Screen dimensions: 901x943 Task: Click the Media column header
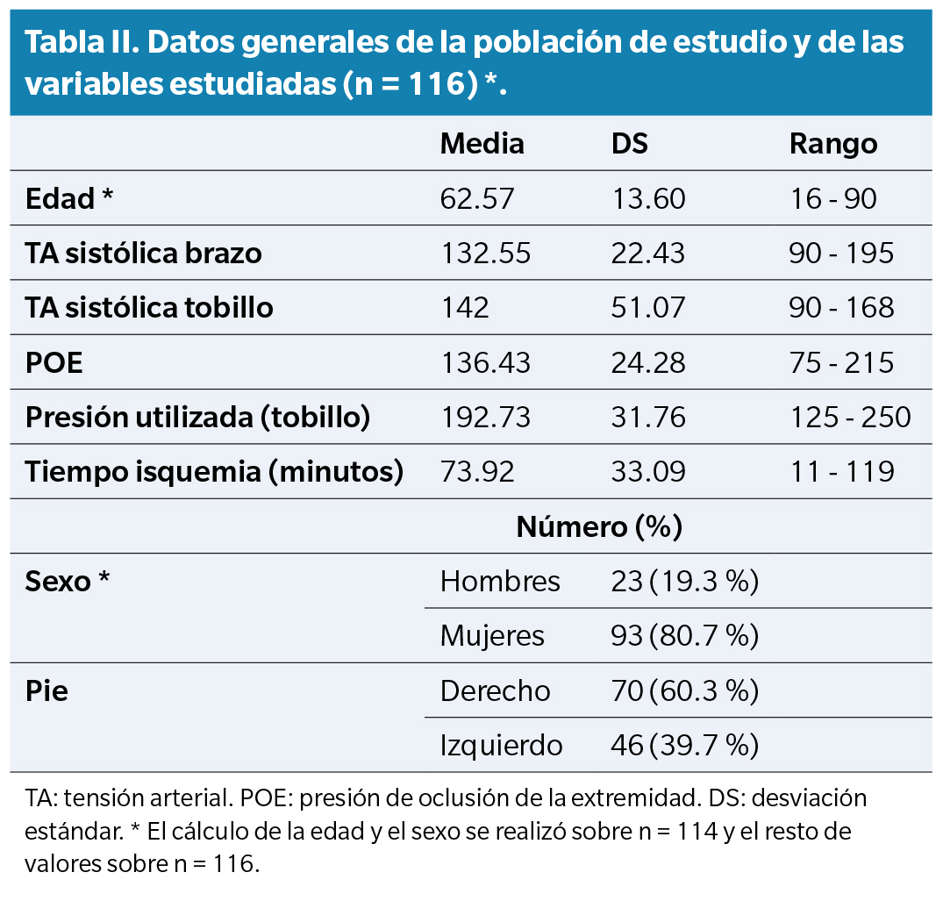[482, 144]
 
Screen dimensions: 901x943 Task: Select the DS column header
[629, 144]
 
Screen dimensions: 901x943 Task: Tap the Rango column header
[832, 144]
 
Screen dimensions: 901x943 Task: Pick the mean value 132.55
[485, 254]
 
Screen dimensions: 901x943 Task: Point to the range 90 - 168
[841, 308]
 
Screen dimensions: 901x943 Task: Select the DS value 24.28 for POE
[647, 363]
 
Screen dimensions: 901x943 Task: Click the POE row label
[54, 363]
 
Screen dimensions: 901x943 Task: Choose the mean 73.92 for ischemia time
[477, 472]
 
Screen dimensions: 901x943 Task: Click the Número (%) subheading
[599, 527]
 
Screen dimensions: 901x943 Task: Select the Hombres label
[500, 581]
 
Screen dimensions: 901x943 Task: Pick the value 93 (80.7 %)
[684, 636]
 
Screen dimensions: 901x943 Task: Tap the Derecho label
[495, 691]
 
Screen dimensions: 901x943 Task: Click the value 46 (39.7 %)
[684, 746]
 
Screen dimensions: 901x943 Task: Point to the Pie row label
[46, 691]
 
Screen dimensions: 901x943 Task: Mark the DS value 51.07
[647, 308]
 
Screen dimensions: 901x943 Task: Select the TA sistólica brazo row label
[144, 254]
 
